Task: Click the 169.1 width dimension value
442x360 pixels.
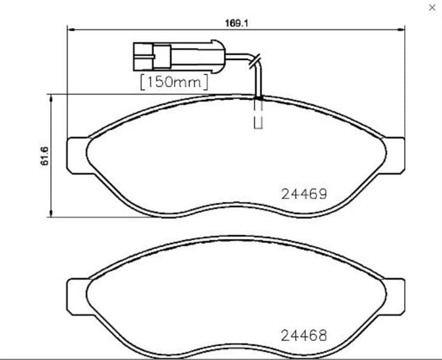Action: [x=237, y=23]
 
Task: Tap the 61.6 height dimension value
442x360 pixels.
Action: [x=44, y=156]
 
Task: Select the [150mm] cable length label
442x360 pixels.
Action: [x=174, y=82]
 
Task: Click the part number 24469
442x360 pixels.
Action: [x=304, y=194]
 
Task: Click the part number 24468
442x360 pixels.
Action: [x=304, y=335]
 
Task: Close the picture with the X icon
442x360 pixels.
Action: [x=432, y=8]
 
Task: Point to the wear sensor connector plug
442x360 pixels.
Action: [x=179, y=56]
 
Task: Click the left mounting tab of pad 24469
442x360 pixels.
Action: [x=77, y=155]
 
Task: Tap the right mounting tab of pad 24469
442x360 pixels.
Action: [x=395, y=155]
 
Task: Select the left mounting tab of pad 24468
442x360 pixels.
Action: [x=77, y=296]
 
